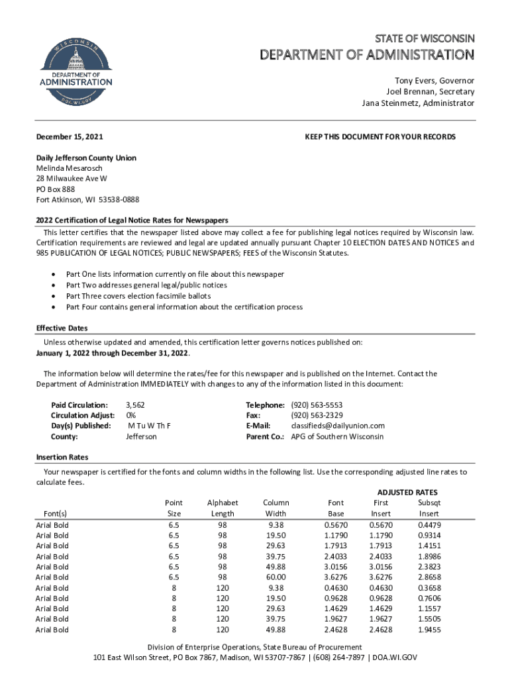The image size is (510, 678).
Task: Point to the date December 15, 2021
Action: [70, 137]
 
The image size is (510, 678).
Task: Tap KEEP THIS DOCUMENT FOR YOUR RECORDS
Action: [380, 137]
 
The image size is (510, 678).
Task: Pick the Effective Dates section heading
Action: [62, 328]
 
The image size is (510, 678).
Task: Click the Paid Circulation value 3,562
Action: [135, 405]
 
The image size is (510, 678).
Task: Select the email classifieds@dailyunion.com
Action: [338, 426]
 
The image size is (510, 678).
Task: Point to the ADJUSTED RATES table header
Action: [407, 492]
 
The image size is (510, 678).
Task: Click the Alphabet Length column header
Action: [222, 508]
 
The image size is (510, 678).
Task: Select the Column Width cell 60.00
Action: [276, 577]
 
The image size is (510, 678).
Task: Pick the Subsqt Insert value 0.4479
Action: [429, 525]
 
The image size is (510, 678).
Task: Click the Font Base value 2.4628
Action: [336, 630]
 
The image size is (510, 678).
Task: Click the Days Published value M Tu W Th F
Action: [150, 426]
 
